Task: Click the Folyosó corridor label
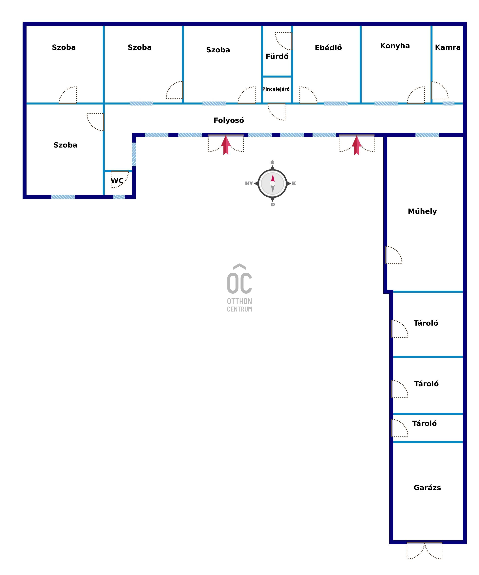(229, 120)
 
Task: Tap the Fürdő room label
(277, 56)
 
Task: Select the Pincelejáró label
(276, 89)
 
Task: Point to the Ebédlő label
(328, 48)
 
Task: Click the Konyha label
(395, 46)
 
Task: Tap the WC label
(117, 181)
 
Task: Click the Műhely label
(422, 211)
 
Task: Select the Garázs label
(427, 488)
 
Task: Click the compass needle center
(273, 183)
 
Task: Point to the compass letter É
(272, 162)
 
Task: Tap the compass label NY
(249, 183)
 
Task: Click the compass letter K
(294, 183)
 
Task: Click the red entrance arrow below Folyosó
(226, 145)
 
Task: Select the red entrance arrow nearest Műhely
(356, 145)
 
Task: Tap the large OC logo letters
(239, 283)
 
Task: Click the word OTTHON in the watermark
(239, 301)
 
